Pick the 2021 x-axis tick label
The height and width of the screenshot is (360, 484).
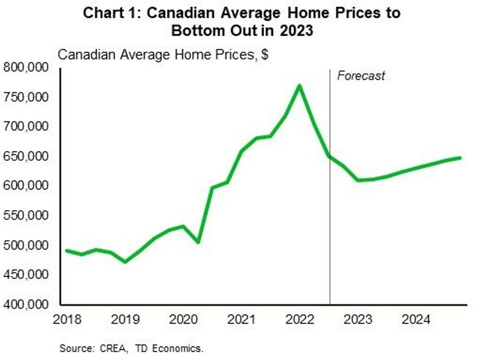click(241, 320)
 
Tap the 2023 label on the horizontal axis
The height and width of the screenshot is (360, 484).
click(358, 320)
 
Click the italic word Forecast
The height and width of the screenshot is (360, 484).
click(361, 76)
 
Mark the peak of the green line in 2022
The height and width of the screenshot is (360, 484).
click(299, 86)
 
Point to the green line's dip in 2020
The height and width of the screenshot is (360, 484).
click(198, 242)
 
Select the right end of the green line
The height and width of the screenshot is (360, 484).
click(460, 158)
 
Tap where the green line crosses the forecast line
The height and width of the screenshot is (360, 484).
click(329, 156)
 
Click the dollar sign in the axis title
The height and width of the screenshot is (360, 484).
click(265, 54)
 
